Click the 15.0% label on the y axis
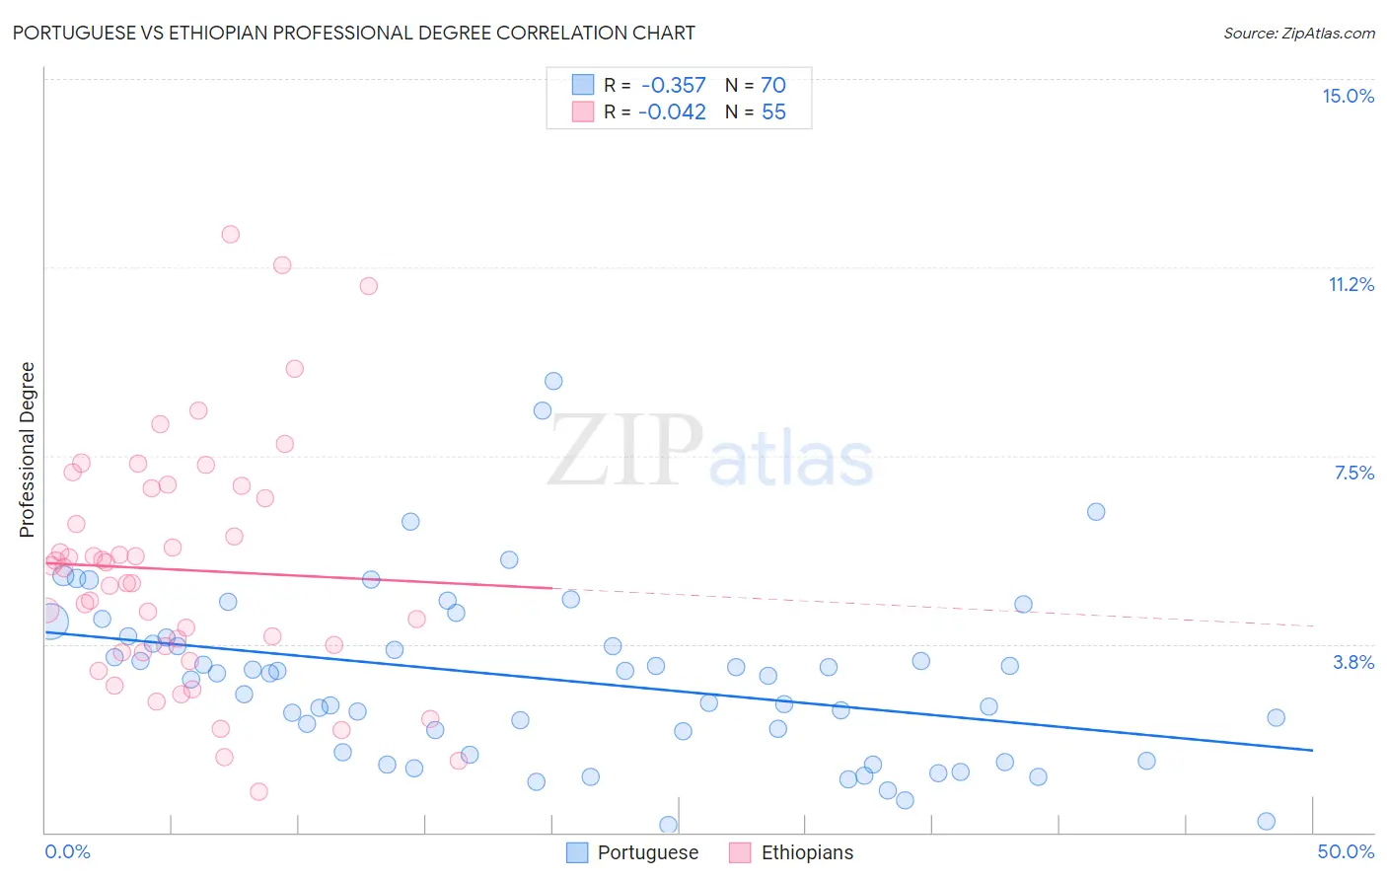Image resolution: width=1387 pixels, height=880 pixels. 1348,96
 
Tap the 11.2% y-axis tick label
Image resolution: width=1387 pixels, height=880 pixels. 1350,284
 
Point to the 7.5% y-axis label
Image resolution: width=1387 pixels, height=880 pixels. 1353,473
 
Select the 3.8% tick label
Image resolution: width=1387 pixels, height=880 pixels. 1353,662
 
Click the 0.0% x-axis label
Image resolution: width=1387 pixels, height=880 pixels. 67,851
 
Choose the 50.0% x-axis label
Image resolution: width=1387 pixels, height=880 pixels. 1346,851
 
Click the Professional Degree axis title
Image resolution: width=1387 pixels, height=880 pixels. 27,450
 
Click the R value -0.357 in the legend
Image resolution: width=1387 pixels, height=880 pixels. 673,85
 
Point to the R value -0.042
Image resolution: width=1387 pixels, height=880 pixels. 672,112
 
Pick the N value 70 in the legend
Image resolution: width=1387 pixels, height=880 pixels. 773,85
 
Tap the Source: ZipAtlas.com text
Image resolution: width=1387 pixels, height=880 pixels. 1298,33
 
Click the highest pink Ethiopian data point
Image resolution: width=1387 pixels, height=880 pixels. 231,234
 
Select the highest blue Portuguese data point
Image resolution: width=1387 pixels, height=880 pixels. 553,381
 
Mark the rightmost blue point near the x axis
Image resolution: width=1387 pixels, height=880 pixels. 1267,821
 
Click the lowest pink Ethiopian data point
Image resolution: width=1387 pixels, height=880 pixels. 258,791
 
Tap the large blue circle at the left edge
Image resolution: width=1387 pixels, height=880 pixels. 49,621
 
